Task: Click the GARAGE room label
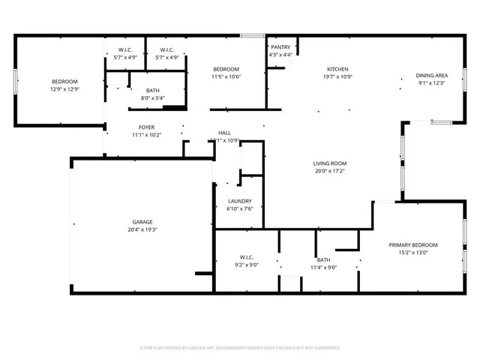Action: point(142,222)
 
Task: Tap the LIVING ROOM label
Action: point(330,163)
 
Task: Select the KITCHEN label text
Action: point(337,68)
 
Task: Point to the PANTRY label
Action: point(280,47)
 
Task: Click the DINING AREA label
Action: point(432,75)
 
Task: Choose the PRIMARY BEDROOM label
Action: point(413,245)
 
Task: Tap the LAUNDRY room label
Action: point(240,201)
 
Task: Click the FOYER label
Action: point(146,127)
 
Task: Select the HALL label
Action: point(224,133)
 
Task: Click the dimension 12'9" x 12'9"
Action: point(64,89)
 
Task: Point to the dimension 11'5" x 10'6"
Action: point(226,76)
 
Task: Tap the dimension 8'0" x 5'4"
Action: point(152,97)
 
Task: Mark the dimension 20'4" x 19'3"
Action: point(142,230)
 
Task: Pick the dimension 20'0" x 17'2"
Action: point(330,171)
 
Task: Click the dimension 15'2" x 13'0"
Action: point(413,253)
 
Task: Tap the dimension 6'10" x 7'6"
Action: point(240,208)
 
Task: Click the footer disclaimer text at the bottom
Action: point(240,348)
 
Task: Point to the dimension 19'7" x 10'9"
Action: point(337,76)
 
